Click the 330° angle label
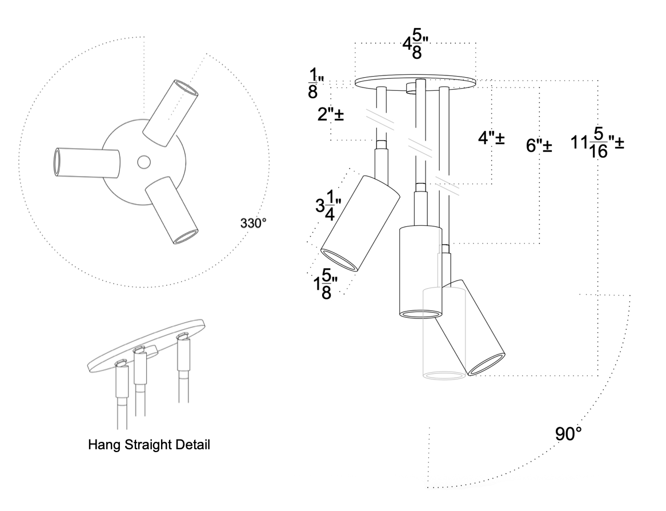tap(253, 222)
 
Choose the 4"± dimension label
tap(491, 138)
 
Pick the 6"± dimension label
tap(539, 146)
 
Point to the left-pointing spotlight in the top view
tap(86, 163)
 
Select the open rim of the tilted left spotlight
tap(339, 260)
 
